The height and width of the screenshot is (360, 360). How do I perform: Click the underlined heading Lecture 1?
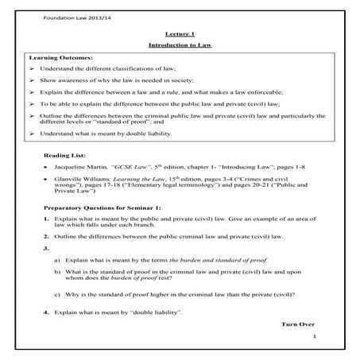point(179,35)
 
